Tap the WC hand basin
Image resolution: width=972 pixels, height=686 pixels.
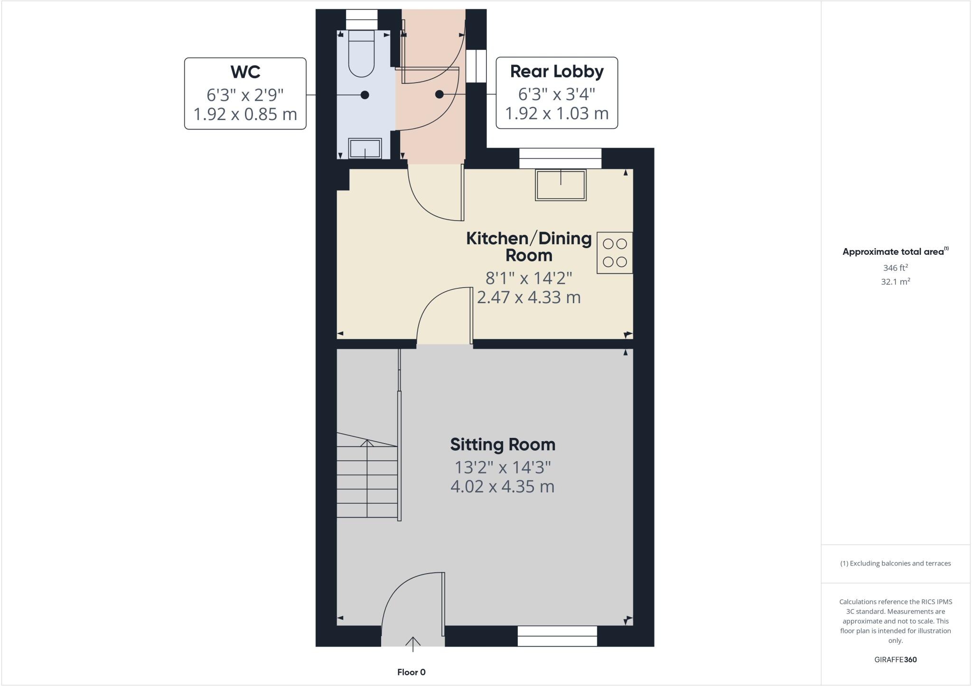[x=365, y=148]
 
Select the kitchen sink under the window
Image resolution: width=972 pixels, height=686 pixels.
[x=561, y=185]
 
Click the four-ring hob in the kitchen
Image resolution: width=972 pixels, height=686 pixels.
[x=615, y=252]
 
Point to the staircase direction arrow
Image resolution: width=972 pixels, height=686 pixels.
[x=367, y=444]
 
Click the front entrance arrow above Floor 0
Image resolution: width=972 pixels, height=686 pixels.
[x=413, y=643]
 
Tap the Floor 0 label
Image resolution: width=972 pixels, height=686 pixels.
[x=411, y=672]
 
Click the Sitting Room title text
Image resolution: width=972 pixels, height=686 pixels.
[x=503, y=445]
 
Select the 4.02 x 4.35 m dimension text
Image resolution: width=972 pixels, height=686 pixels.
[x=502, y=487]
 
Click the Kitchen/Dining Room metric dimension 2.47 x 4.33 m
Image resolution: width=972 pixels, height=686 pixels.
[x=529, y=297]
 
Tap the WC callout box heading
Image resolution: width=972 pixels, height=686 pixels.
[x=245, y=72]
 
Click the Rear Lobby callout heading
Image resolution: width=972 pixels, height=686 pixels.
[x=557, y=72]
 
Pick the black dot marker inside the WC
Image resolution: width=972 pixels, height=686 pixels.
[x=364, y=95]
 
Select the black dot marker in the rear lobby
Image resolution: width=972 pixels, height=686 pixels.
[x=439, y=94]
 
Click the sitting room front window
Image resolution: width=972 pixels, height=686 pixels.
[x=557, y=636]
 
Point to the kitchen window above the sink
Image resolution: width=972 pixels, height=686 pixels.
[x=560, y=158]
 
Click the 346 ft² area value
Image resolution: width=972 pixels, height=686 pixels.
[x=895, y=268]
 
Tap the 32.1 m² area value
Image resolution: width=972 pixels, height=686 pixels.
[x=895, y=282]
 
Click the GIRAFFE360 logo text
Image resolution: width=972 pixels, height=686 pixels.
[x=895, y=659]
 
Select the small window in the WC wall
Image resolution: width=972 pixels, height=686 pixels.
[x=361, y=20]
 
